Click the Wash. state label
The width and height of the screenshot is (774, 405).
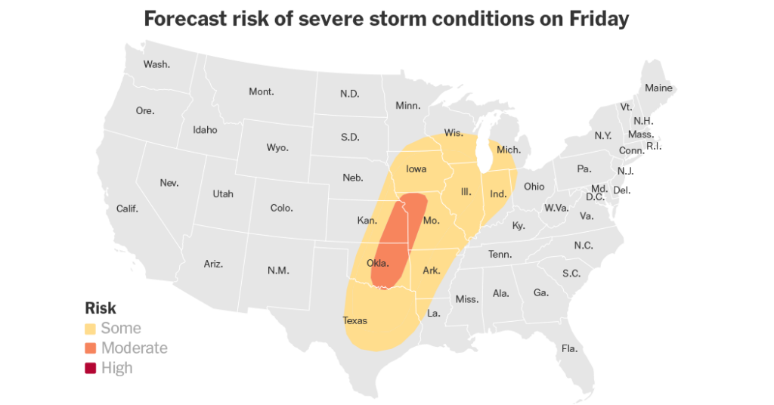point(156,64)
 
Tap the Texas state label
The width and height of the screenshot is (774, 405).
point(354,320)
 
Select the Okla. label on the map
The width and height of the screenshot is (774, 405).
point(377,264)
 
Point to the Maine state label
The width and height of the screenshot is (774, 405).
point(658,88)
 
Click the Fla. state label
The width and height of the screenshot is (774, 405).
point(569,348)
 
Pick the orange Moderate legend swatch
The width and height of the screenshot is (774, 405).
point(91,348)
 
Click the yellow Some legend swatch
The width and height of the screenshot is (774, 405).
point(91,329)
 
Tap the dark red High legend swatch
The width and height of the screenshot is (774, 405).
point(91,368)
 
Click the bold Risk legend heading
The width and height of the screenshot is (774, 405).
point(101,308)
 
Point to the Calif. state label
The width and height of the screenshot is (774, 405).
point(127,209)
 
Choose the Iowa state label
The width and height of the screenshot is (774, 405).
point(416,169)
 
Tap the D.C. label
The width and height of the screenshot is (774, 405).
point(594,197)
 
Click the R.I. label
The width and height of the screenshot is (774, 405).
point(654,146)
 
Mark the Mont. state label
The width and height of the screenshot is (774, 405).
point(262,92)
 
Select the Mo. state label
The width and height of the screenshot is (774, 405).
point(431,221)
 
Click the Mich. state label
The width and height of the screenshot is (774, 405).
point(509,150)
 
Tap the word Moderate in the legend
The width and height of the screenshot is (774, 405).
point(135,348)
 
